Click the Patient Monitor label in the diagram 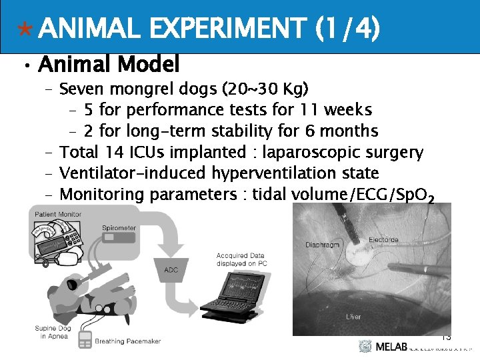pos(59,213)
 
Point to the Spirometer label pos(119,227)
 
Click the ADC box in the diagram pos(171,269)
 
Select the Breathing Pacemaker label pos(128,341)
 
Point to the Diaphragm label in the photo pos(323,245)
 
